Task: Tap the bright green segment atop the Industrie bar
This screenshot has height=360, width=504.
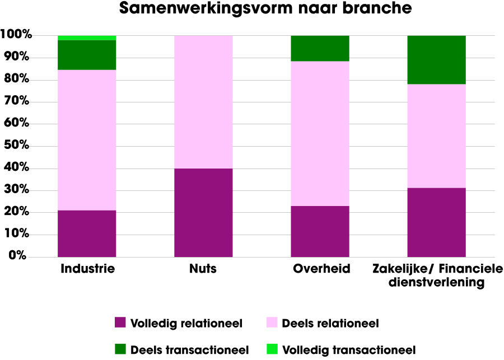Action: [87, 38]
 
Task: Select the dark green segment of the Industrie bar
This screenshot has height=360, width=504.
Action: [87, 55]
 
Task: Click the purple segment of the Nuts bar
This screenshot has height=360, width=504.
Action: [203, 212]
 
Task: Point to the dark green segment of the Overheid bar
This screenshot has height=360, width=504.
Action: [320, 48]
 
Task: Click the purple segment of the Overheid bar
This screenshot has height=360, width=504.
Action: [320, 231]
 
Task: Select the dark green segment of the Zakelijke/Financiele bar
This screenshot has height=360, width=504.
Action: [437, 60]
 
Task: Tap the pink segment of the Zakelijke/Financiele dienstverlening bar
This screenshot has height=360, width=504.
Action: [437, 136]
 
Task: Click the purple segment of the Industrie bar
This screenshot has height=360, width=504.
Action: [87, 233]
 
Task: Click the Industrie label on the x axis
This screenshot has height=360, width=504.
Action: [87, 269]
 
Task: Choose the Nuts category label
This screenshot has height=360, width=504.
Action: [203, 269]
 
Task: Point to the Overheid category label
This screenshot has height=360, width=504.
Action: [321, 269]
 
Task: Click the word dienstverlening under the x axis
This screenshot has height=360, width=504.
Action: [437, 283]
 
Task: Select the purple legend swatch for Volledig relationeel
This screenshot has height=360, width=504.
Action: [120, 322]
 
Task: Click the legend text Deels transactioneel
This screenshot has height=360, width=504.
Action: [189, 350]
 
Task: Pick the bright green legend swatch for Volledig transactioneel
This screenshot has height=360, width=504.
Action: [272, 349]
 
